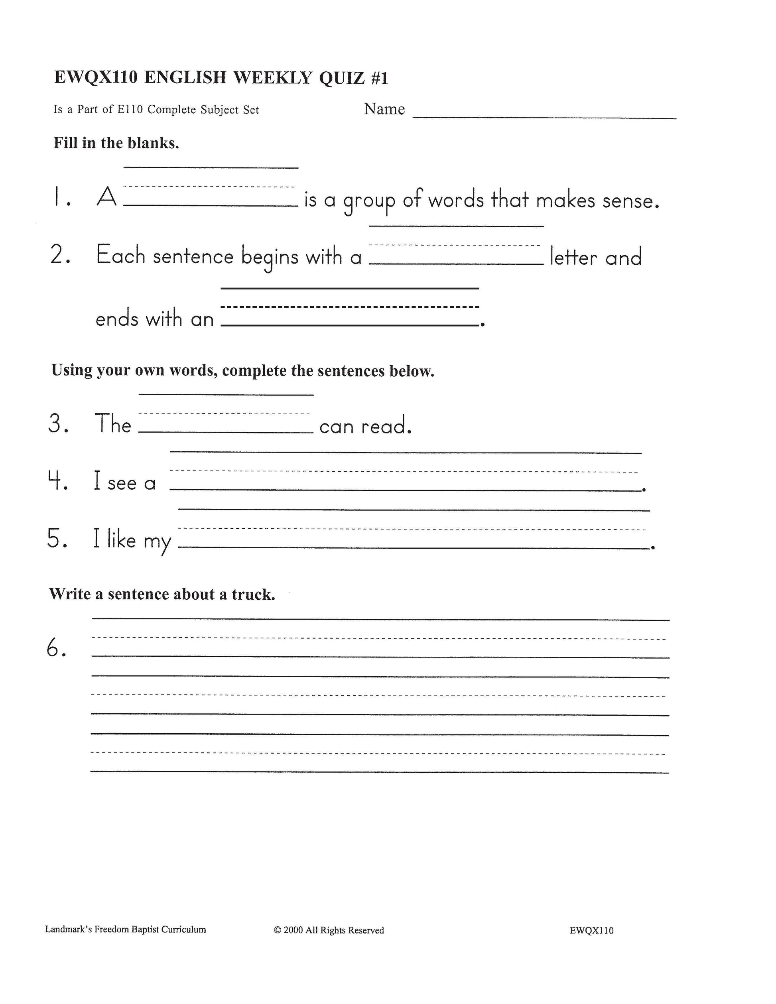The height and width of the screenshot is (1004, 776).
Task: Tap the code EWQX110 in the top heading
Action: (96, 78)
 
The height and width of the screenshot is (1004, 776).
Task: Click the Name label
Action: (384, 109)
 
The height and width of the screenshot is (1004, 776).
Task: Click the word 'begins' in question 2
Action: (270, 257)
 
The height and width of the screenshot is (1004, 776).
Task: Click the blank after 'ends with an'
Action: (350, 317)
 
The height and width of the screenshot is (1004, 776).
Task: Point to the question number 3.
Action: (58, 424)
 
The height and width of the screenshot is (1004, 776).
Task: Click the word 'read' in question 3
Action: (385, 426)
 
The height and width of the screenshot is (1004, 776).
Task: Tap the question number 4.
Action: (58, 481)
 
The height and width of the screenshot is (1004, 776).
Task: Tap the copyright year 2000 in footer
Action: (293, 930)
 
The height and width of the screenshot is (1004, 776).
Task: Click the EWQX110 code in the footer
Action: (591, 931)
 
